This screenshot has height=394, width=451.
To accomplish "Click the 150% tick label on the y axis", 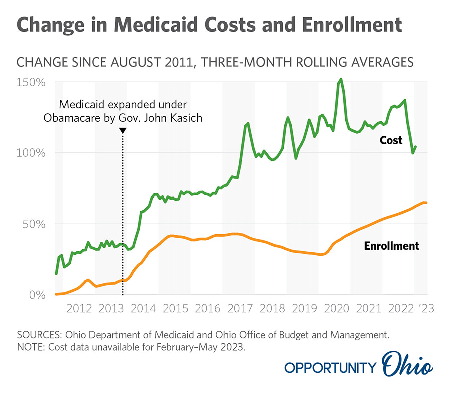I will click(x=32, y=82).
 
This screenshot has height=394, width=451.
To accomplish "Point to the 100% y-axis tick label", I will click(x=32, y=153).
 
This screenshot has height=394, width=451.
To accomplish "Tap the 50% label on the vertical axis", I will click(x=35, y=224).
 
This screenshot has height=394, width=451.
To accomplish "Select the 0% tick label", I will click(x=38, y=295).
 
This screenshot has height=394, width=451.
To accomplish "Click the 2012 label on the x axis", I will click(x=79, y=308).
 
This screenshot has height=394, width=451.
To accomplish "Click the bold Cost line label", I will click(x=390, y=140).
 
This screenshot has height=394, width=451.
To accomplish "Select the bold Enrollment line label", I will click(x=391, y=246).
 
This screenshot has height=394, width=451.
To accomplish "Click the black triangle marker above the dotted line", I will click(x=123, y=130).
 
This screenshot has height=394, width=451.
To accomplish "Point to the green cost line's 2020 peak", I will click(x=341, y=79).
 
